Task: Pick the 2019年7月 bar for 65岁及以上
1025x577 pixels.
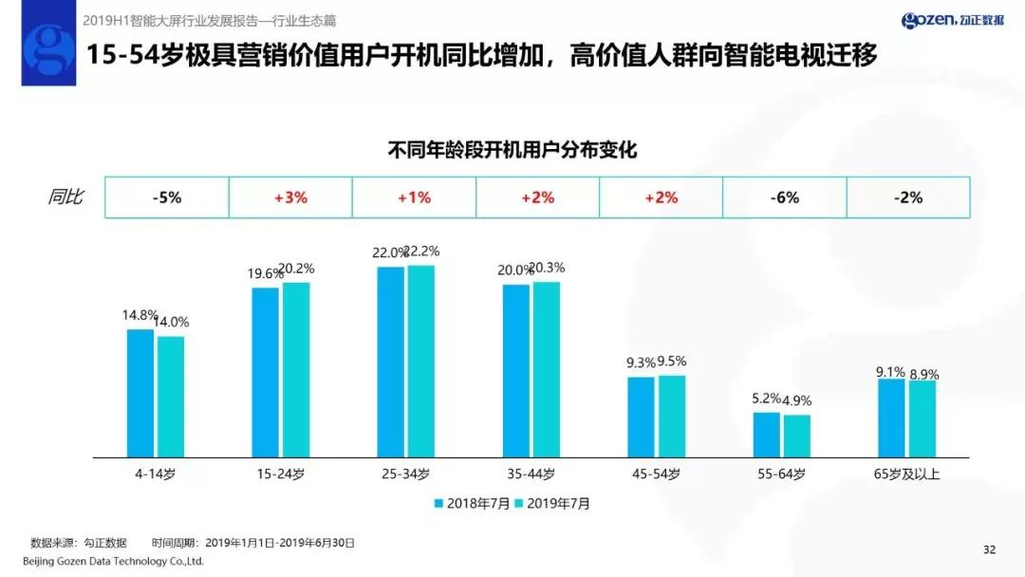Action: click(x=922, y=419)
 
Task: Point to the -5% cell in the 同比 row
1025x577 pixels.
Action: click(x=166, y=197)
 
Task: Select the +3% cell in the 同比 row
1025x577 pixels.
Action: click(x=290, y=197)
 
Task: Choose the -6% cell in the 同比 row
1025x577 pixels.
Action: click(x=785, y=197)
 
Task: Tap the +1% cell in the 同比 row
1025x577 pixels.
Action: click(x=414, y=197)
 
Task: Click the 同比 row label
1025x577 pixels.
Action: click(x=65, y=197)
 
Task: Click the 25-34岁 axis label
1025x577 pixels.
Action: click(x=406, y=474)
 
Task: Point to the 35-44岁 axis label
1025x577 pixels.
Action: click(x=531, y=474)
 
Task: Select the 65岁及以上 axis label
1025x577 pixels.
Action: click(x=906, y=474)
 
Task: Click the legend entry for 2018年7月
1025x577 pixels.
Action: click(x=472, y=504)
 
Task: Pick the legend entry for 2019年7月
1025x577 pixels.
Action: click(x=551, y=504)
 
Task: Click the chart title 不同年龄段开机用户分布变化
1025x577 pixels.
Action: click(x=512, y=149)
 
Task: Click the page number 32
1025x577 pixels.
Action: click(x=989, y=549)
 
